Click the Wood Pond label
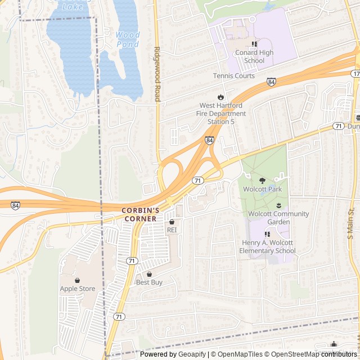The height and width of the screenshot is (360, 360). pos(128,39)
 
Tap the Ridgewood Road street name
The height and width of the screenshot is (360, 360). pos(157,74)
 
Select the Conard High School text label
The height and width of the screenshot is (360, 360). pos(254,57)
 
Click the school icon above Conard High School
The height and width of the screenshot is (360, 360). pos(254,44)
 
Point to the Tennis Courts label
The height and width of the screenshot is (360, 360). pos(233,76)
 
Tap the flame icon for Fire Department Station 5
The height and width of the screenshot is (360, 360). pos(221,97)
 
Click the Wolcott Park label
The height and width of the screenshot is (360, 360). pos(263,190)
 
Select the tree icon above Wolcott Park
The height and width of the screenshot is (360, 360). pos(263,181)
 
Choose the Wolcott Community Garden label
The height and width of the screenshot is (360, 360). pos(278,218)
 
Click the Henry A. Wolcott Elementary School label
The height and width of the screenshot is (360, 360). pos(267,246)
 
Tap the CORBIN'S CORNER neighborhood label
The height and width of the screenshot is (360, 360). pos(141,214)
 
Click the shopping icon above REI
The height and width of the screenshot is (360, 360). pos(172,222)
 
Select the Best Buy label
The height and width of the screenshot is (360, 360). pos(149,282)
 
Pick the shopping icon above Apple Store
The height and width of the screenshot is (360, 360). pos(78,280)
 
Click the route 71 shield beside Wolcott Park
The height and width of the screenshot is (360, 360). pos(197,181)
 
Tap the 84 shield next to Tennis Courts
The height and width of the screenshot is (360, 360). pos(272,82)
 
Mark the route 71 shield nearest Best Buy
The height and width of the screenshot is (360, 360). pos(131,261)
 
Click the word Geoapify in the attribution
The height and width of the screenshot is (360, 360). pos(192,354)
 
